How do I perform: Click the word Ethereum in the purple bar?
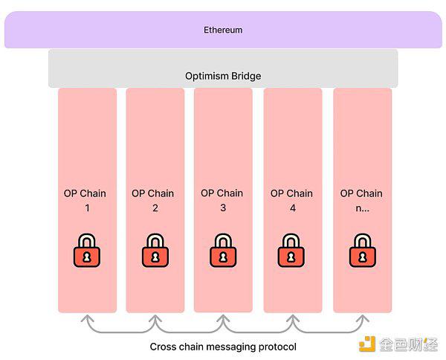tap(223, 30)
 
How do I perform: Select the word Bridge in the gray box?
tap(246, 77)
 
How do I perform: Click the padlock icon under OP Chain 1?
tap(87, 251)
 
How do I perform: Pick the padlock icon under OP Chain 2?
tap(155, 251)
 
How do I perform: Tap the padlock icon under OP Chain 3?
tap(223, 251)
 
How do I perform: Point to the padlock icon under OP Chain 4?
tap(291, 251)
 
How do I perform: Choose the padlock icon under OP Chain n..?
tap(363, 251)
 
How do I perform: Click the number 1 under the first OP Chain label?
tap(87, 208)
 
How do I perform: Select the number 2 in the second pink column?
tap(155, 208)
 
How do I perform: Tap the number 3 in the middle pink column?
tap(223, 208)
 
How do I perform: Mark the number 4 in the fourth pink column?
tap(293, 208)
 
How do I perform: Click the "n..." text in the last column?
tap(363, 208)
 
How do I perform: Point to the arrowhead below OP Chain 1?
tap(87, 318)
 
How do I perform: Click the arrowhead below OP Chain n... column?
tap(363, 318)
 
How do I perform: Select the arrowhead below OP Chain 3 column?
tap(223, 318)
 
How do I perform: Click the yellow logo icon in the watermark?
tap(367, 344)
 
